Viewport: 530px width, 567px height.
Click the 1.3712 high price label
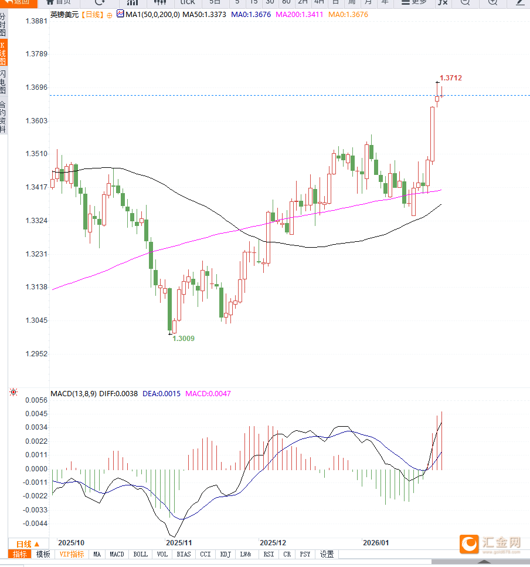[451, 77]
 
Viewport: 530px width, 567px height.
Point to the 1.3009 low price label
[184, 339]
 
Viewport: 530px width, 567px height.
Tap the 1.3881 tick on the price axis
[36, 21]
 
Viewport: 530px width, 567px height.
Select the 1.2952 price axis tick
[36, 354]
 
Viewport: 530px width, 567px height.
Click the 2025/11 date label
[179, 543]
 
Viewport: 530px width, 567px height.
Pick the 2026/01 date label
[376, 543]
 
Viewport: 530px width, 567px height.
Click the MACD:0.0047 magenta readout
[208, 393]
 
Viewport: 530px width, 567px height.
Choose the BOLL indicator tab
[141, 554]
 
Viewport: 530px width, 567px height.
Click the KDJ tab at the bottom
[225, 554]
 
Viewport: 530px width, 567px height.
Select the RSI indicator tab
[269, 554]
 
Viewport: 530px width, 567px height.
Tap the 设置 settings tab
[327, 554]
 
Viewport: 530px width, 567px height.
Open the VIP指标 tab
[72, 554]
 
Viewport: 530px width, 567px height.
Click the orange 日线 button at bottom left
[28, 544]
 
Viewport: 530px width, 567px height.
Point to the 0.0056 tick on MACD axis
[36, 400]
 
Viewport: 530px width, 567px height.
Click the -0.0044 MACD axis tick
[35, 524]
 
